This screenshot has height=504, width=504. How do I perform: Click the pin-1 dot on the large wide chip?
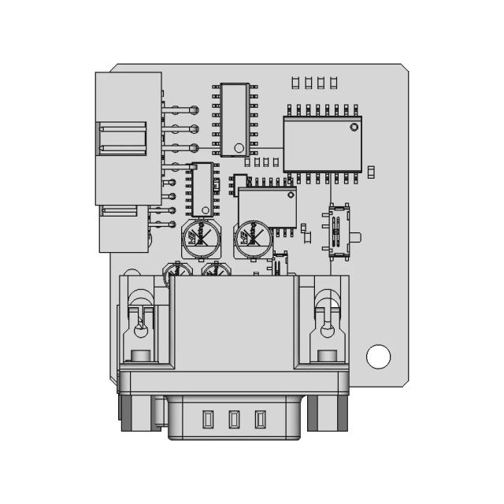354,127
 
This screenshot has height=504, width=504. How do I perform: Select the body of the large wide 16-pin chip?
321,144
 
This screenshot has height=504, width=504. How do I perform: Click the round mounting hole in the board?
378,357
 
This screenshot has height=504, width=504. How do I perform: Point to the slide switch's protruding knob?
357,236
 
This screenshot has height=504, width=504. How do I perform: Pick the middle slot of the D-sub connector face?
234,420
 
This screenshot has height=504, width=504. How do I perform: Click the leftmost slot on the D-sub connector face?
208,420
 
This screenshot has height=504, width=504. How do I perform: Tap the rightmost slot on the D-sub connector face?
260,420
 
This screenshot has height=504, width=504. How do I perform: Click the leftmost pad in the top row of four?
295,82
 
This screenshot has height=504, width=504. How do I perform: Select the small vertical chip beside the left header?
202,188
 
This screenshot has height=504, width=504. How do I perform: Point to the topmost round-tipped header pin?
195,110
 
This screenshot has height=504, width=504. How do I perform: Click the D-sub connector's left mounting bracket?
141,325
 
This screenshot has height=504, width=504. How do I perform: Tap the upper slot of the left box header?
122,139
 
